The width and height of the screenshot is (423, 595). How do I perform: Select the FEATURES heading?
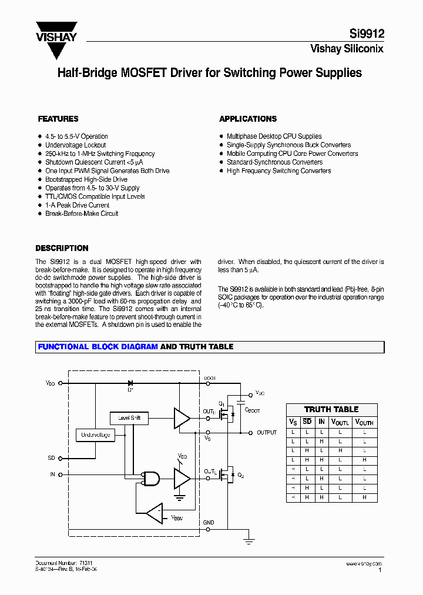click(x=58, y=119)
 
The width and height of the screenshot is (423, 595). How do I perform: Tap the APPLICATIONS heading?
click(x=248, y=119)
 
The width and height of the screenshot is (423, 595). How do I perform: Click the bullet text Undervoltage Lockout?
click(x=76, y=145)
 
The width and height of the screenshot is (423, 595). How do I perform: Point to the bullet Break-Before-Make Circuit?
click(x=82, y=213)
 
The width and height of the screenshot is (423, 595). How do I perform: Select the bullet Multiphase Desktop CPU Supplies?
click(x=274, y=136)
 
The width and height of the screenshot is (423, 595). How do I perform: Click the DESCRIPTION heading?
click(x=62, y=248)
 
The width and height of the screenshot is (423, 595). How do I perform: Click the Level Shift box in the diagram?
click(x=129, y=418)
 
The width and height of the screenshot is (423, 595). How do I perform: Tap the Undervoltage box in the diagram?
click(x=95, y=435)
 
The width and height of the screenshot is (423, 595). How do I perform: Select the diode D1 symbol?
click(x=130, y=383)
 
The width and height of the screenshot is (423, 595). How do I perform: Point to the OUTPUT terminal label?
click(x=266, y=433)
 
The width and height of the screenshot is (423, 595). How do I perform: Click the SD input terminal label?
click(x=51, y=457)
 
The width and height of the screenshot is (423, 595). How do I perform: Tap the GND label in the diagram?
click(x=209, y=523)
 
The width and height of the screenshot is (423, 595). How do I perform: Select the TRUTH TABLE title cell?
click(x=331, y=409)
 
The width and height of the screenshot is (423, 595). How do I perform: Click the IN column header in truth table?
click(x=321, y=422)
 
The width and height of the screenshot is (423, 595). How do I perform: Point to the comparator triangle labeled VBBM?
click(x=155, y=513)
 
